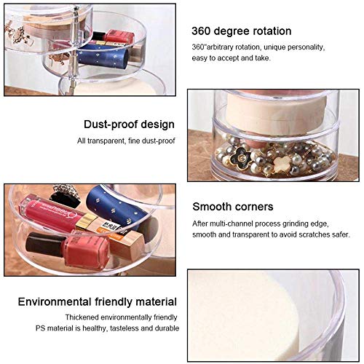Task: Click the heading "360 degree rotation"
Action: (x=241, y=31)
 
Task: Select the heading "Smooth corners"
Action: (x=233, y=206)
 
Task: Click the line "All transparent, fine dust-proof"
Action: (x=128, y=141)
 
